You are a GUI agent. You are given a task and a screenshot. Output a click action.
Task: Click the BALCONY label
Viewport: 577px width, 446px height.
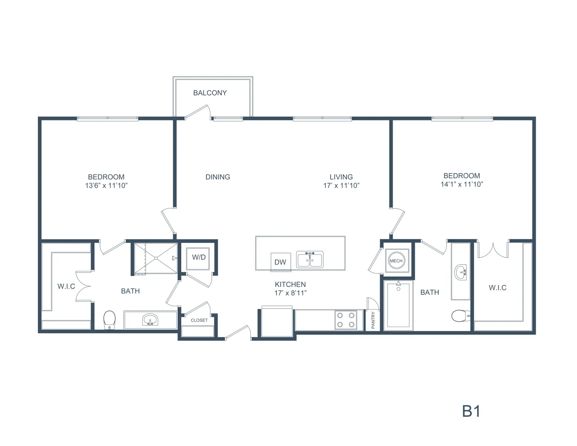210,93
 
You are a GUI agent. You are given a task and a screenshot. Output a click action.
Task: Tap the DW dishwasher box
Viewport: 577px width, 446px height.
281,262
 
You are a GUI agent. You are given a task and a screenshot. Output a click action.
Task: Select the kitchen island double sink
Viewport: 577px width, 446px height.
309,259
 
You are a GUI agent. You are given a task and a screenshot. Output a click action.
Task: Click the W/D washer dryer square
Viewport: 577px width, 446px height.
198,259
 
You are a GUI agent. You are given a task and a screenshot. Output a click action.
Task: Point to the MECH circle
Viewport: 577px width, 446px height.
396,261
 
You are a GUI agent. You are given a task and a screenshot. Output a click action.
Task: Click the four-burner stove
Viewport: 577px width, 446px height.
346,320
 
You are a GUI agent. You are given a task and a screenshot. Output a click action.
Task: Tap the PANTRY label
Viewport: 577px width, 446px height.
373,320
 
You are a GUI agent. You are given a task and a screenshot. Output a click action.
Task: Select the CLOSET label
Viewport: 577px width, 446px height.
199,320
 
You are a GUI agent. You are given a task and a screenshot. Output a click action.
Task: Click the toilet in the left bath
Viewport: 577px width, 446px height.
109,320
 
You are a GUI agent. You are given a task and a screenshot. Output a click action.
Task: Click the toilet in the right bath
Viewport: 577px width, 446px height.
461,316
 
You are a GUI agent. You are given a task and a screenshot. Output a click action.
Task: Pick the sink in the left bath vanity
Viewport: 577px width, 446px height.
150,319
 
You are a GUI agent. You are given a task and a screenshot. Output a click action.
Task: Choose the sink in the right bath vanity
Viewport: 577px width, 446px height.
461,272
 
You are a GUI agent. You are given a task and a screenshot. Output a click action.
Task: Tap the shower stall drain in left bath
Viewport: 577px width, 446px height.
156,258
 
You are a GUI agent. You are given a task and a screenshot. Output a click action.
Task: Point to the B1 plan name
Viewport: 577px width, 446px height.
471,411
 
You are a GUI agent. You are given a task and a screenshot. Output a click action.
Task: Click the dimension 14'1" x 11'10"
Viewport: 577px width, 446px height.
462,184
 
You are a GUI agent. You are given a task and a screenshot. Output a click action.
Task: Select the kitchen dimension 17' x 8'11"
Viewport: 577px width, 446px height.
291,293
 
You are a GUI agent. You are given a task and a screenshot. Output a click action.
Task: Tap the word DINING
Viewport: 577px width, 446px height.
218,177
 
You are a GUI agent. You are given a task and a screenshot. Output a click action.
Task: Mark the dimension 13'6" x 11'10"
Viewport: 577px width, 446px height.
106,185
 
